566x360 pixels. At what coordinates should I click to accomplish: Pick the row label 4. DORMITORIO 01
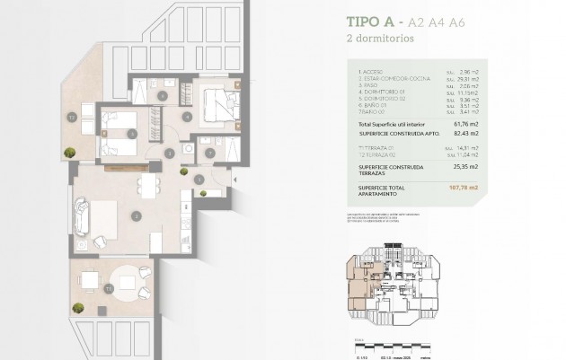click(x=377, y=92)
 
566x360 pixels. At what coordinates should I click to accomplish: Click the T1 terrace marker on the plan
click(x=107, y=289)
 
